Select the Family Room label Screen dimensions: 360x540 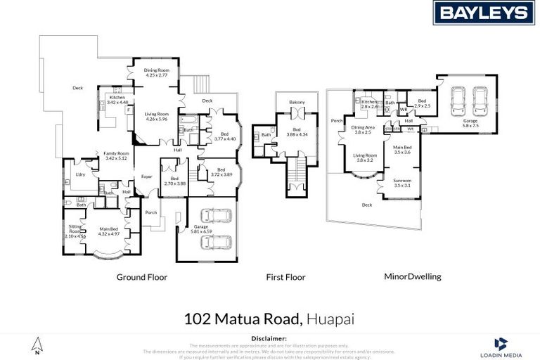116,153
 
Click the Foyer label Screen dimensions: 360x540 147,176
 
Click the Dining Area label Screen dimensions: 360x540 364,127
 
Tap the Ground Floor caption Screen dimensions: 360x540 141,277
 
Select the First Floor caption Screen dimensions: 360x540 285,277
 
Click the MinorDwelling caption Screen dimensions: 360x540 412,277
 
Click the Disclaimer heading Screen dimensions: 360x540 269,338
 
